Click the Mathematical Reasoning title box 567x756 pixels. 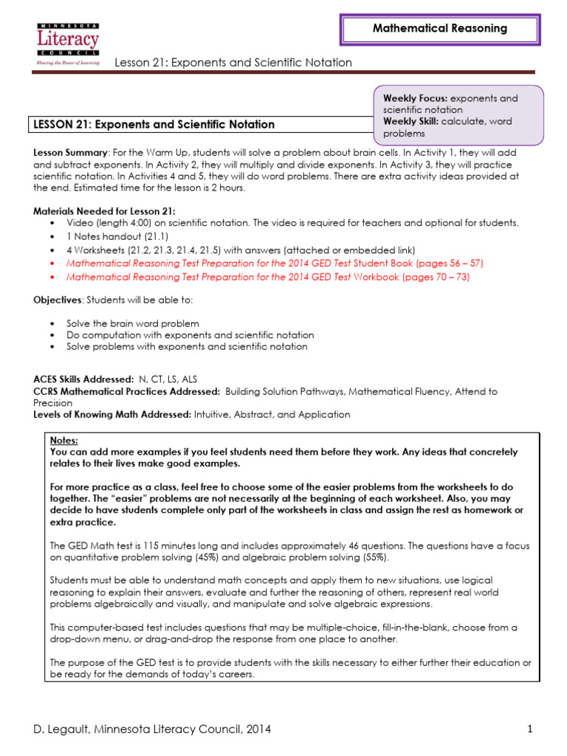coord(439,29)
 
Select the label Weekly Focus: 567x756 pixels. coord(415,98)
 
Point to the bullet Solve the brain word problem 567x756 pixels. coord(133,323)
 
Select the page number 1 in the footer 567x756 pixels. coord(530,729)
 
